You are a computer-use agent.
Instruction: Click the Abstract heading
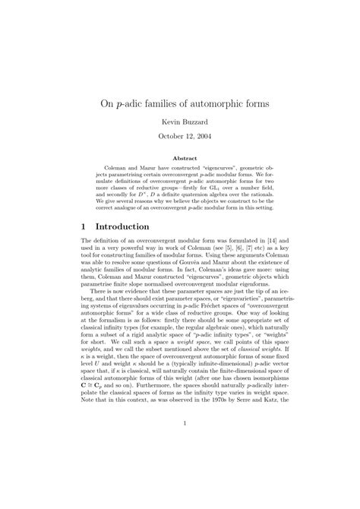(x=179, y=159)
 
